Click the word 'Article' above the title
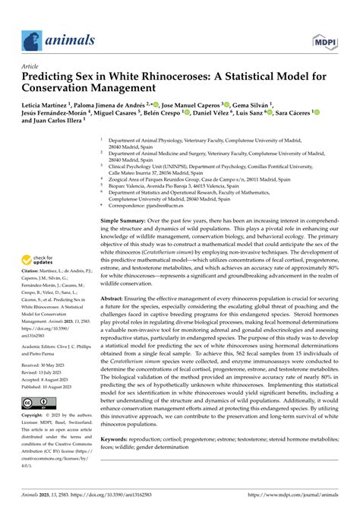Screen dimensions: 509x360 click(x=30, y=67)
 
